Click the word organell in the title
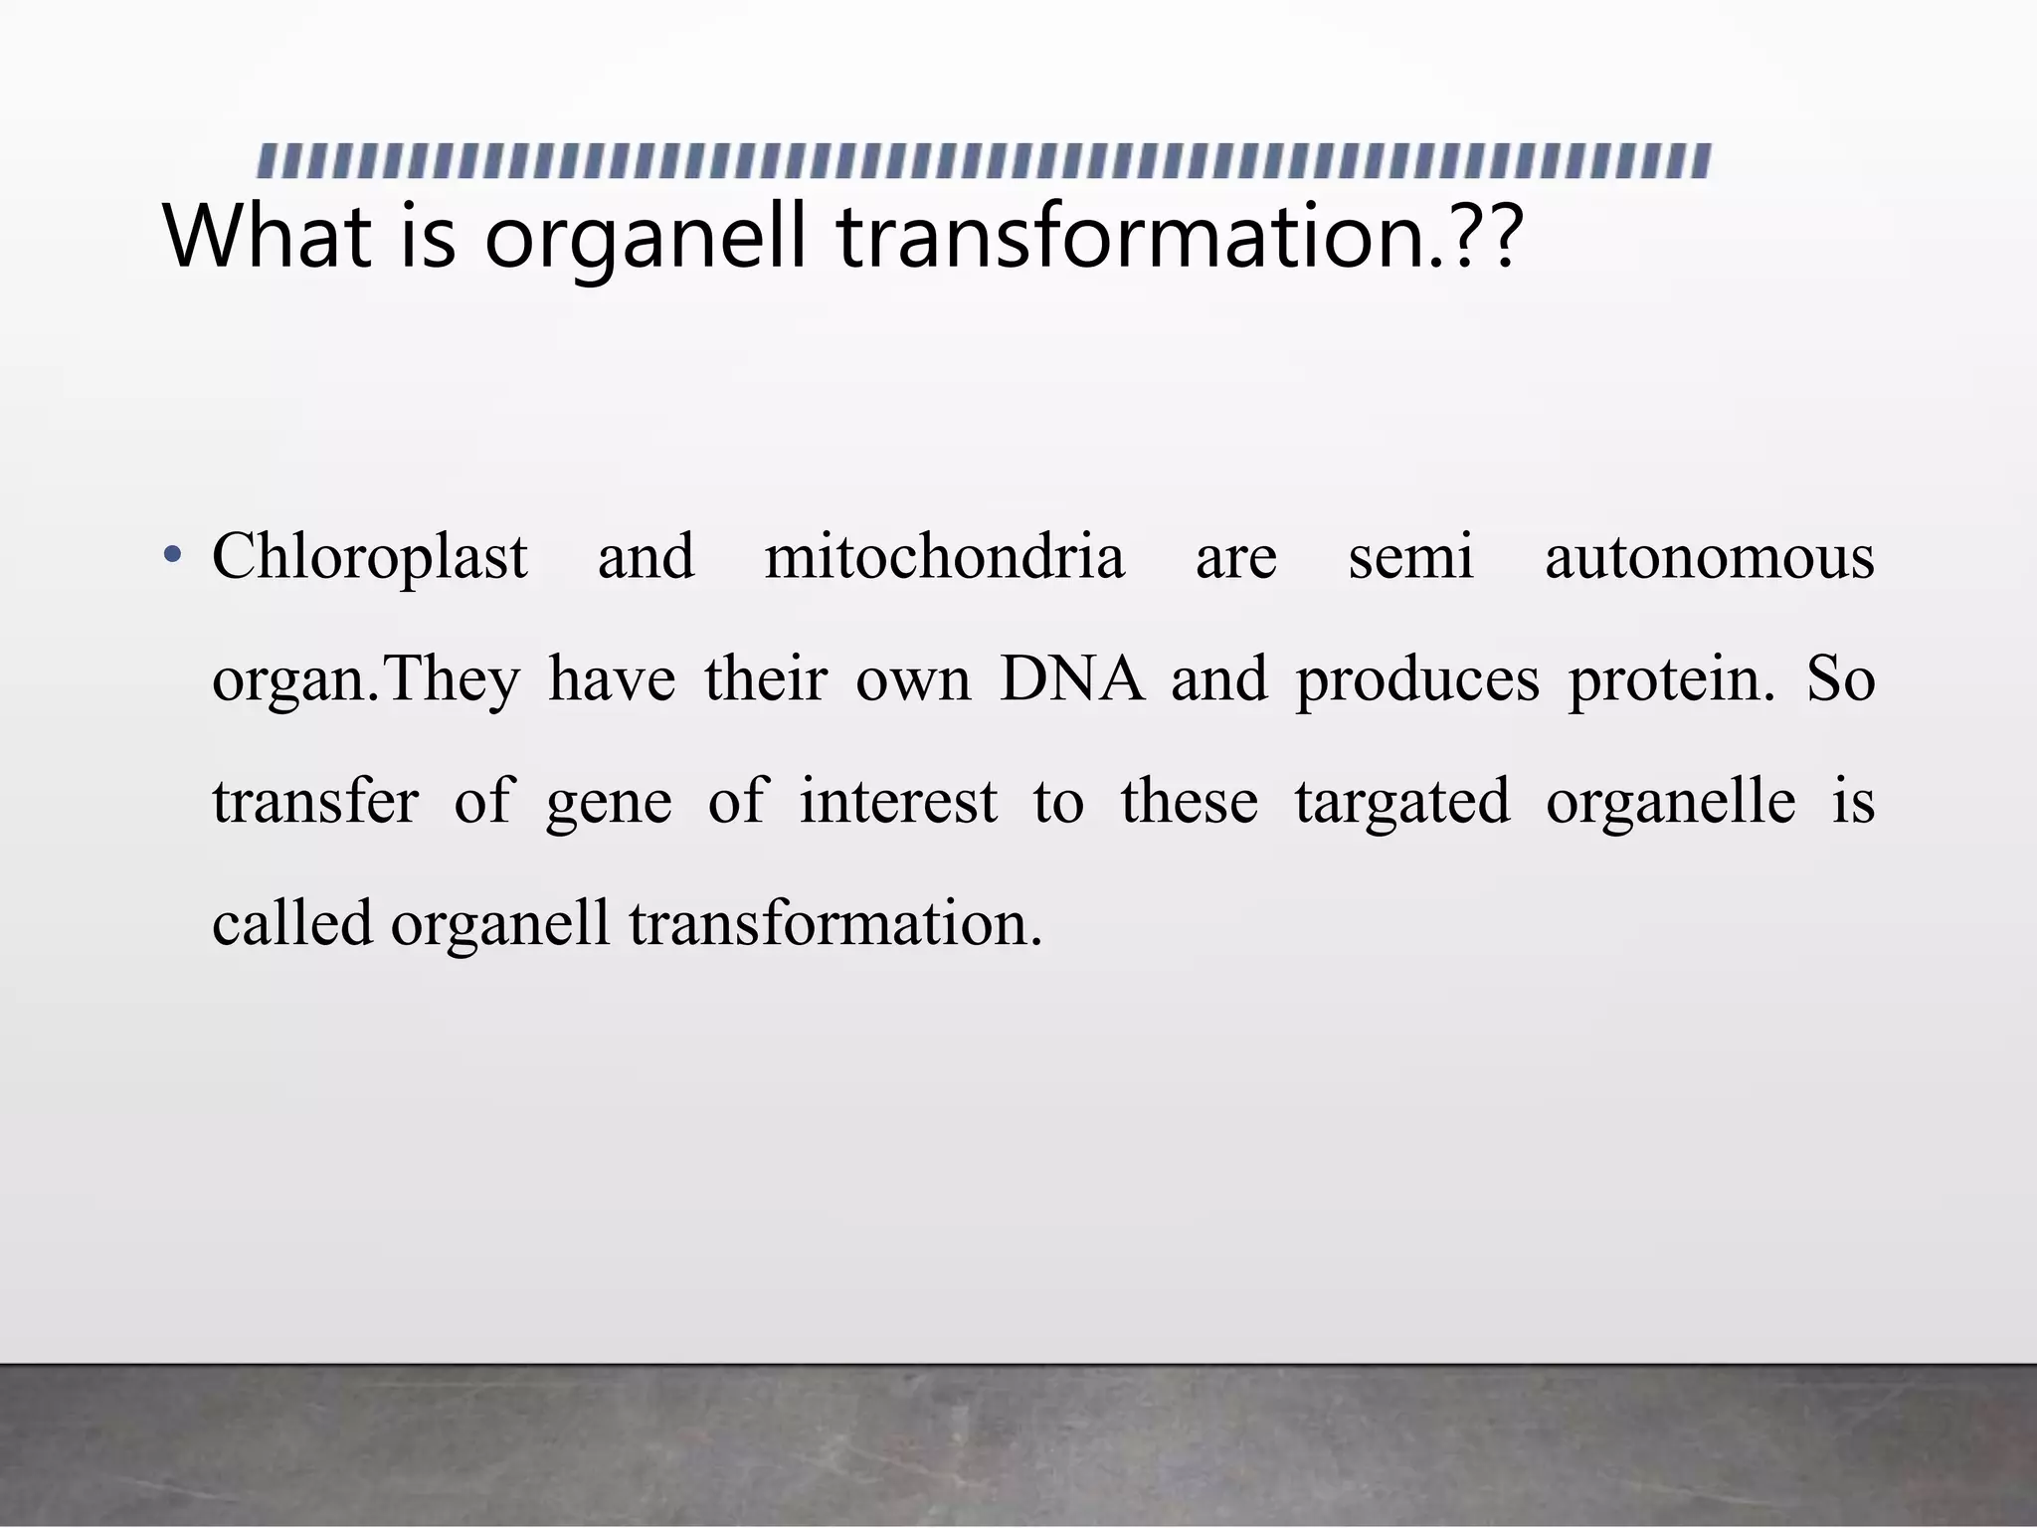645,239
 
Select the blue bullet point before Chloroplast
173,556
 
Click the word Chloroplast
369,558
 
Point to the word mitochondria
944,558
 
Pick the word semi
1409,558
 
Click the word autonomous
1709,558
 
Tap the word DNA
1071,680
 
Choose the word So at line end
1840,680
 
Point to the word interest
898,802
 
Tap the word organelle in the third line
1670,802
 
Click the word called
292,923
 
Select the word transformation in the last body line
835,923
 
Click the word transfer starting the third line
315,802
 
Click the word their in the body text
766,680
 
